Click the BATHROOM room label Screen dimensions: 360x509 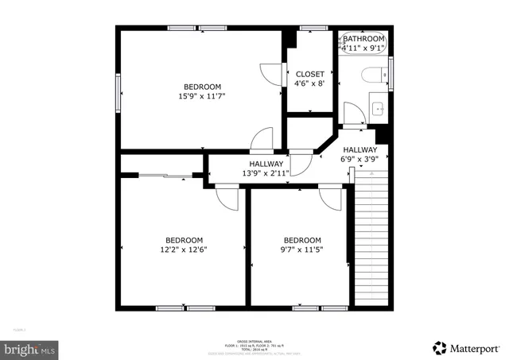pos(363,38)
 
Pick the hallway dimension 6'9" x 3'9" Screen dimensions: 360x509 pos(360,159)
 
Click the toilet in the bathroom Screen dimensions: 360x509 pos(371,76)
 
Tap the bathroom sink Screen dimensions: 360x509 pos(378,110)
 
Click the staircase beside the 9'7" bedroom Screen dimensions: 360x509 pos(373,238)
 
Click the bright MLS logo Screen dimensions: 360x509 pos(30,348)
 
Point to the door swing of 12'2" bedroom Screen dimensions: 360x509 pos(228,199)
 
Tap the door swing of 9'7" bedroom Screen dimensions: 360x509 pos(329,198)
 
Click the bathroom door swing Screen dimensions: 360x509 pos(353,114)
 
